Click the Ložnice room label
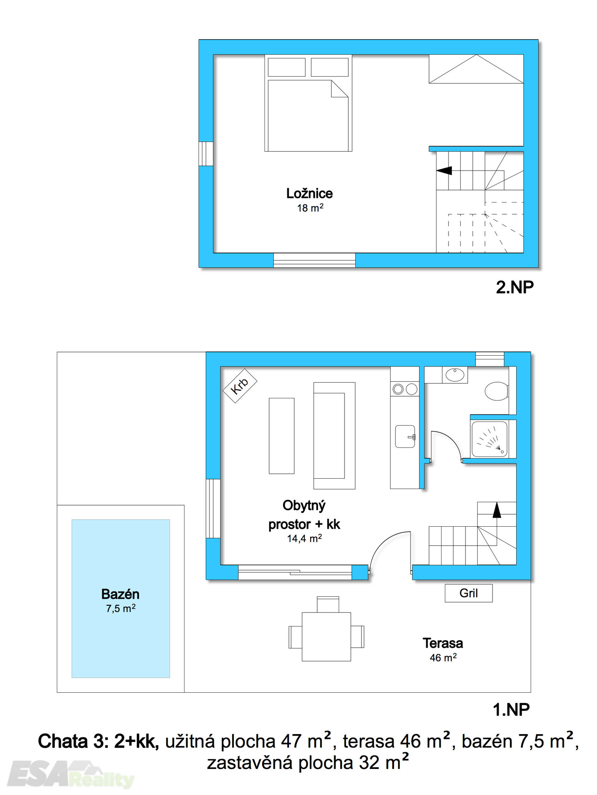309,193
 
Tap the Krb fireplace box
240,385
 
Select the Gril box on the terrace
468,593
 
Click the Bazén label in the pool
120,594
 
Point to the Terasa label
443,643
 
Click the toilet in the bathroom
497,391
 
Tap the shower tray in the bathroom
490,439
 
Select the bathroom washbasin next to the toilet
455,375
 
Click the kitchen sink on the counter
405,436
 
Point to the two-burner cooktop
405,389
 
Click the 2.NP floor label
514,287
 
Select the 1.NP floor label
511,710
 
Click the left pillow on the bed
286,67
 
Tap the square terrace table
326,637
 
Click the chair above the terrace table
328,604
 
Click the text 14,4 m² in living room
304,538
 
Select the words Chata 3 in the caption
73,741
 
